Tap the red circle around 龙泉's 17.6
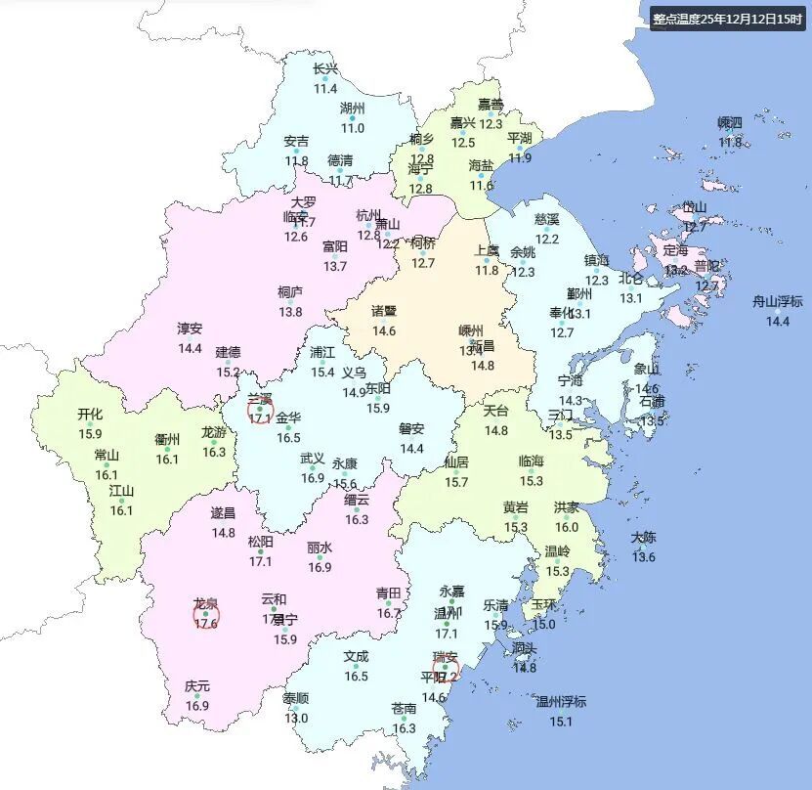click(206, 615)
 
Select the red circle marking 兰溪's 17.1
click(260, 411)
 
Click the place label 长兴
click(325, 68)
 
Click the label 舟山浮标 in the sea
click(777, 302)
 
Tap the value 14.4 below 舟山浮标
click(777, 321)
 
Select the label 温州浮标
click(561, 702)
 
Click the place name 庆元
click(197, 686)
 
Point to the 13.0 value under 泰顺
click(295, 718)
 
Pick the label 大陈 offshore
click(643, 538)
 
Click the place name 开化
click(90, 414)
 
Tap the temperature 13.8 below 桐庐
click(290, 312)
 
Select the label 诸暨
click(384, 311)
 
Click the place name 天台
click(496, 411)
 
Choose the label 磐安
click(411, 428)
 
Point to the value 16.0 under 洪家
click(567, 527)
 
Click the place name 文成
click(356, 657)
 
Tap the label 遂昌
click(223, 513)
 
